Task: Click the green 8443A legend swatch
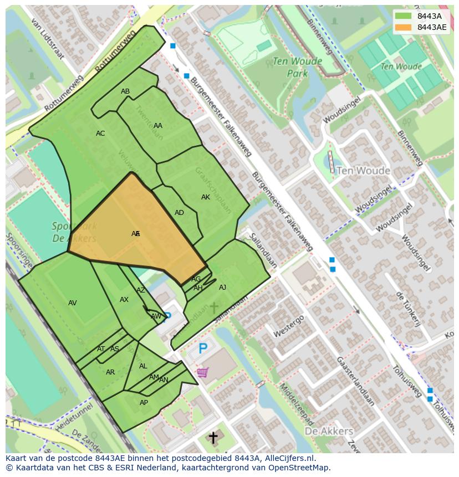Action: [404, 16]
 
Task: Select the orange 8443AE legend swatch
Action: [404, 27]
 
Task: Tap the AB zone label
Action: [125, 91]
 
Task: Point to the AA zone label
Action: [158, 126]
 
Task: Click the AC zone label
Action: [100, 134]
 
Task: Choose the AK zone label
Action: [206, 197]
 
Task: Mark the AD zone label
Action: [179, 213]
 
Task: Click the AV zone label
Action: [73, 303]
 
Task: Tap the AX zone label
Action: [124, 300]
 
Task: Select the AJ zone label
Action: [222, 288]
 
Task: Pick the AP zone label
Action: [144, 403]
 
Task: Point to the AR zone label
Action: [110, 372]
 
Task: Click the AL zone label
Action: [143, 366]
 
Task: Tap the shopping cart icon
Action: [202, 372]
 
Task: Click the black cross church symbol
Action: [213, 438]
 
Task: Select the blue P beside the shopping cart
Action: [203, 349]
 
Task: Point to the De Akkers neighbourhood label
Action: [329, 431]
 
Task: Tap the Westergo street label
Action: [289, 326]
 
